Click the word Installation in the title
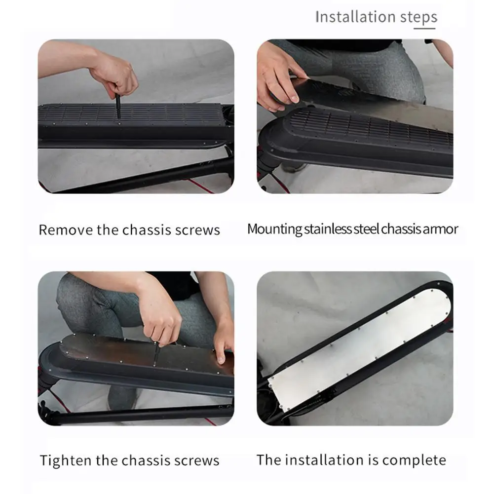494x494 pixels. click(355, 17)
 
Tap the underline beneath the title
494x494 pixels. click(424, 29)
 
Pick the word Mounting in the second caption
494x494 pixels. click(274, 229)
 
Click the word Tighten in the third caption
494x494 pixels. click(66, 460)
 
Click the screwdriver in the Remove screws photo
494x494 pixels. click(118, 106)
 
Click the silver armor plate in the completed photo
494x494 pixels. click(360, 350)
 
